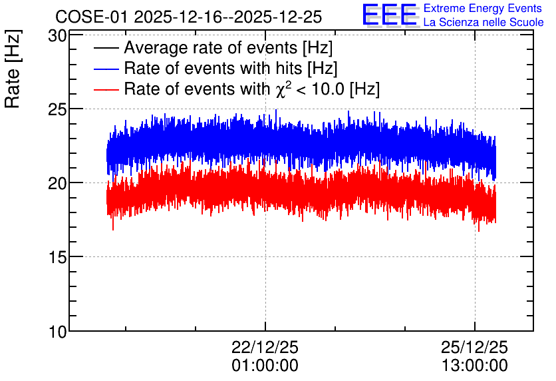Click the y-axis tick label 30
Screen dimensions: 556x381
57,36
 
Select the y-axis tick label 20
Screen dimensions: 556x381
57,184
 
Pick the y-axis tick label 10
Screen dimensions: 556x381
57,332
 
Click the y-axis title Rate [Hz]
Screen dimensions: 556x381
13,69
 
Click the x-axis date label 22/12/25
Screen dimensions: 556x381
265,347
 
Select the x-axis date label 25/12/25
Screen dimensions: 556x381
474,347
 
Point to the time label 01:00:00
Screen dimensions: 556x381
265,366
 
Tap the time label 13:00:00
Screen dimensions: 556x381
474,366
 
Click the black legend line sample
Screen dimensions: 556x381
106,48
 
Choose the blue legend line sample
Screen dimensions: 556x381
106,69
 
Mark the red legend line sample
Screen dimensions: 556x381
106,89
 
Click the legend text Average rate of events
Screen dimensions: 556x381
211,48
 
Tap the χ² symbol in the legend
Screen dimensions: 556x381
283,89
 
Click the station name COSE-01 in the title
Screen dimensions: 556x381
91,17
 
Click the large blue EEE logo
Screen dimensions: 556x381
390,15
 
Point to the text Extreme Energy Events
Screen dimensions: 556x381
483,8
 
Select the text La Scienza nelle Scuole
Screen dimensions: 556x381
484,23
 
